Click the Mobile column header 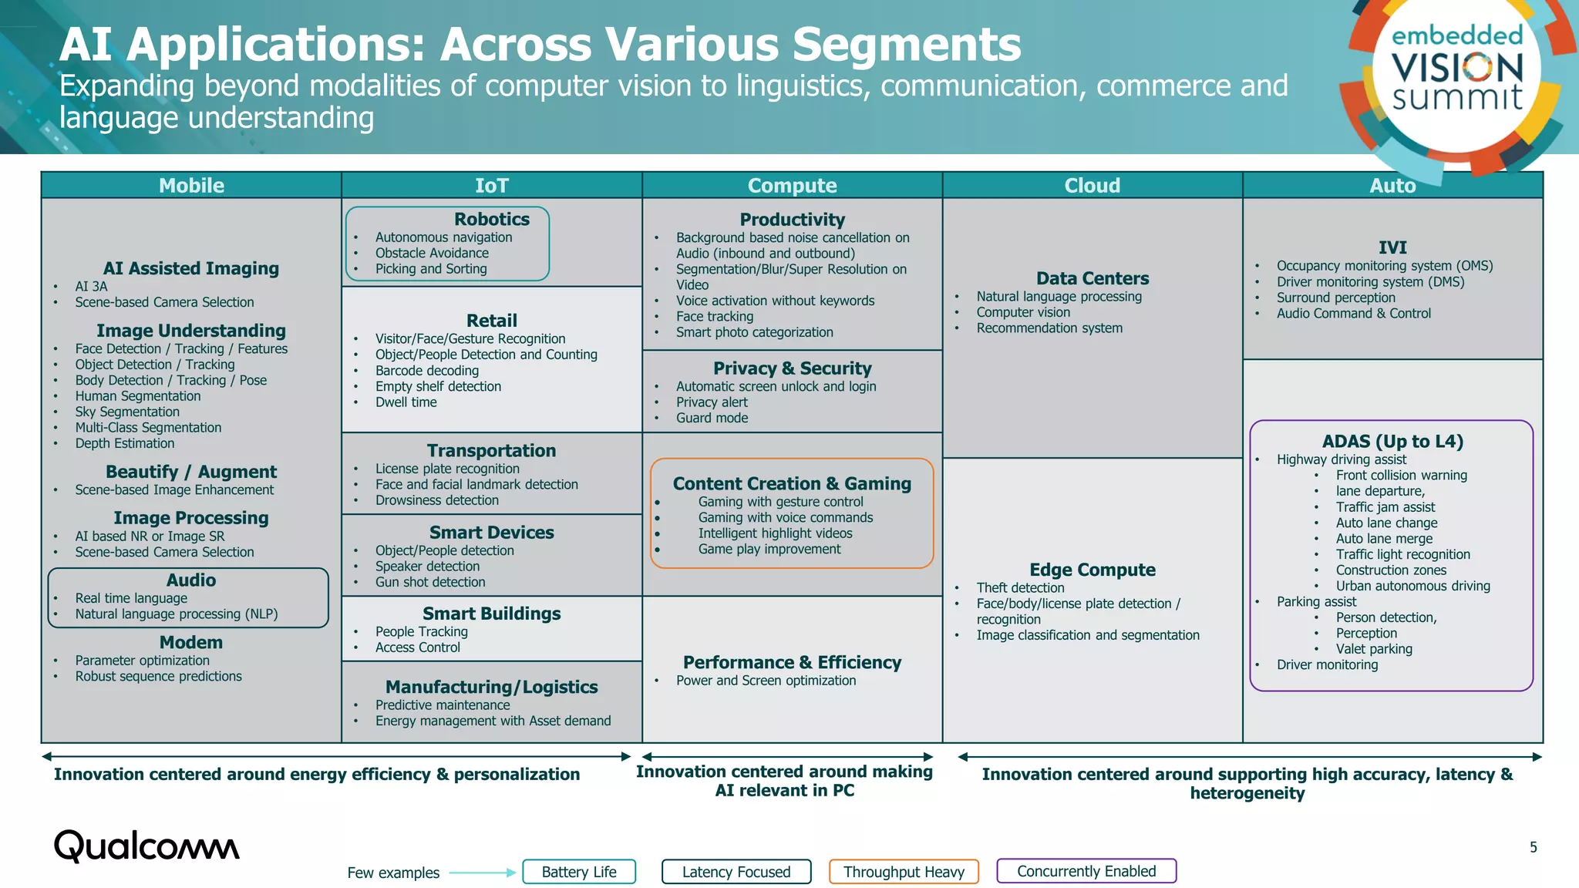tap(191, 186)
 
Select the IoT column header tap(491, 186)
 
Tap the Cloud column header tap(1092, 186)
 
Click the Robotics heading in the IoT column tap(491, 220)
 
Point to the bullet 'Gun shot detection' tap(430, 583)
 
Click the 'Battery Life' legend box tap(579, 872)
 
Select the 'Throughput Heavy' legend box tap(904, 872)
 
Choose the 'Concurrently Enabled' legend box tap(1086, 871)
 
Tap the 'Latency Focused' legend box tap(736, 872)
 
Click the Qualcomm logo tap(146, 846)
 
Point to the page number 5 tap(1533, 847)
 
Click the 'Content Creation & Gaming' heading tap(792, 484)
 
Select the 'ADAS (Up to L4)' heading tap(1392, 442)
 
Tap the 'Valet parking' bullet tap(1374, 649)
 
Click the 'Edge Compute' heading tap(1092, 570)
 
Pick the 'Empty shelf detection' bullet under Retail tap(438, 387)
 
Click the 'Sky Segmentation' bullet tap(127, 412)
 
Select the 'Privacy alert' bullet tap(712, 402)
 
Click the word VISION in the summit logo tap(1457, 68)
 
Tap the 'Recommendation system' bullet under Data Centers tap(1049, 328)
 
